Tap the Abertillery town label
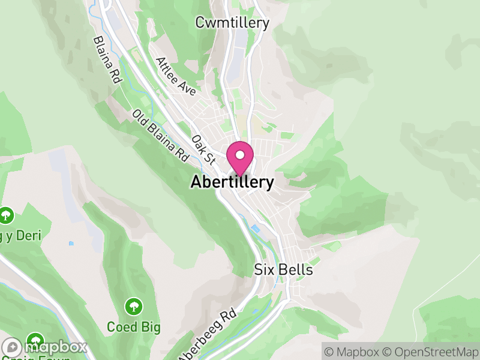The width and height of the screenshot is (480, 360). (x=232, y=182)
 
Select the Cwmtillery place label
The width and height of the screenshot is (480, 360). (x=232, y=23)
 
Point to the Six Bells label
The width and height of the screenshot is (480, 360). (x=283, y=270)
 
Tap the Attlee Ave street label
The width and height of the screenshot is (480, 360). (x=176, y=76)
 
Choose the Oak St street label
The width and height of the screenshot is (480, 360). (x=203, y=149)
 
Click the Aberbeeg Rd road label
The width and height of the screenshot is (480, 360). (x=207, y=335)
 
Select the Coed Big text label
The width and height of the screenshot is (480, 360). (x=133, y=327)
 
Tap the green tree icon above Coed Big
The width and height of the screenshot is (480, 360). (x=133, y=307)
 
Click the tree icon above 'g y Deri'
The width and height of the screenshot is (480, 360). (x=6, y=215)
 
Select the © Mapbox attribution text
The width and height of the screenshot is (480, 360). (x=352, y=350)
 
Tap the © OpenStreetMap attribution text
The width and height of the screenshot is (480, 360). (x=430, y=350)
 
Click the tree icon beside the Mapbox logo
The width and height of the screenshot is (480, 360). (x=36, y=340)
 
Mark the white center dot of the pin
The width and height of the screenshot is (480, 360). (x=240, y=155)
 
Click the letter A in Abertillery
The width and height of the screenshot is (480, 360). (x=196, y=182)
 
